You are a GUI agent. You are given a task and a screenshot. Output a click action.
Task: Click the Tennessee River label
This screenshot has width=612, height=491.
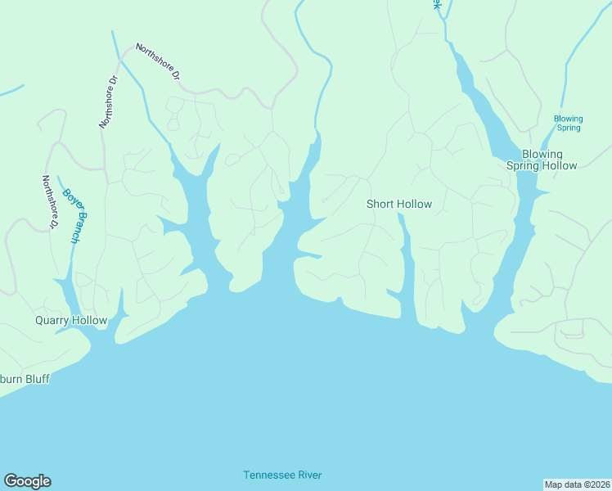pos(282,475)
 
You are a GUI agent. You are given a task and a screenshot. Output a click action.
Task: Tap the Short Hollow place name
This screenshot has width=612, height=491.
pos(398,204)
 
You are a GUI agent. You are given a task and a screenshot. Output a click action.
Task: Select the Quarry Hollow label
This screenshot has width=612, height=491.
pos(71,320)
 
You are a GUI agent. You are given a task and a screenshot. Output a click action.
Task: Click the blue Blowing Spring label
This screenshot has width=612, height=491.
pos(568,123)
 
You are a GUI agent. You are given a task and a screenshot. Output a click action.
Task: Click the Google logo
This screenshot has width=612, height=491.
pos(27,481)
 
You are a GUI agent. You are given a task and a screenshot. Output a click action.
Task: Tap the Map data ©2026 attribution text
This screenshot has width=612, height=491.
pos(577,483)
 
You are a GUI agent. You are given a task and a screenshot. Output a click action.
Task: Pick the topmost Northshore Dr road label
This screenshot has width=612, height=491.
pos(157,62)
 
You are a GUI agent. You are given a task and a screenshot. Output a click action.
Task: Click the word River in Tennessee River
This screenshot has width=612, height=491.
pos(308,475)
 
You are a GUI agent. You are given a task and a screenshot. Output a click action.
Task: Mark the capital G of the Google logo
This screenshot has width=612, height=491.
pos(11,481)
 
